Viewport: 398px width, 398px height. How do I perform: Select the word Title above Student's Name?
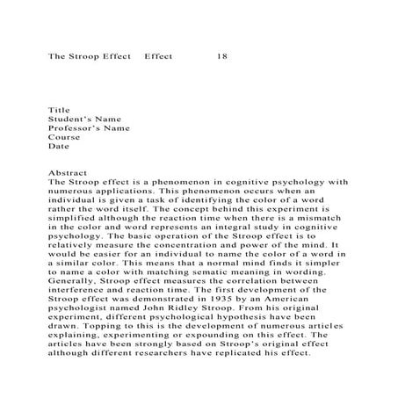59,110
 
